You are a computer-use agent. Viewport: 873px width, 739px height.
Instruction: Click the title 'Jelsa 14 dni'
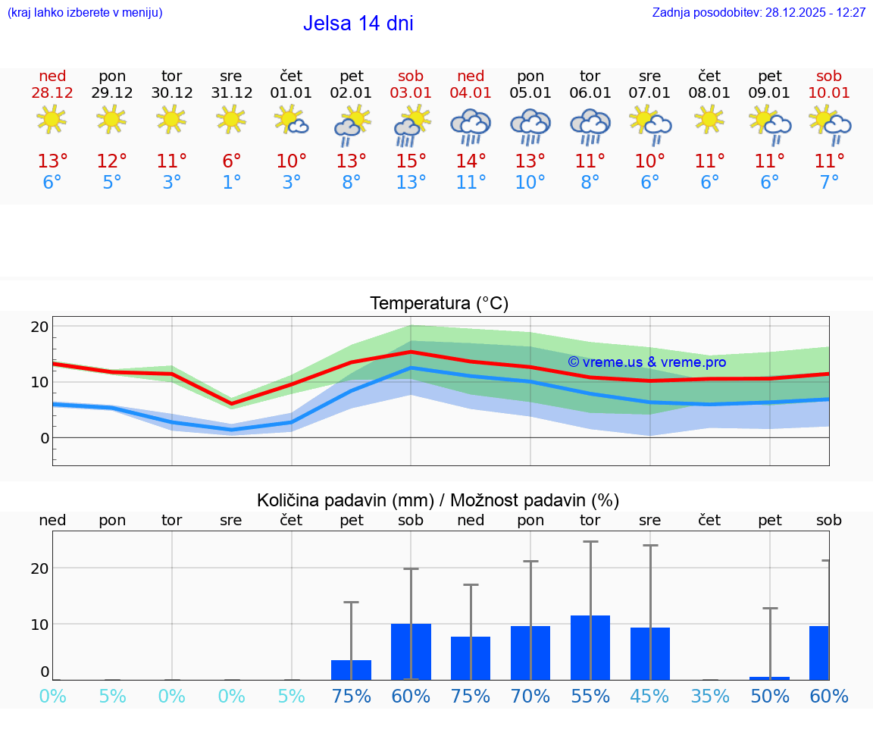point(358,23)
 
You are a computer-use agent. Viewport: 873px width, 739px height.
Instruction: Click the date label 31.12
point(231,93)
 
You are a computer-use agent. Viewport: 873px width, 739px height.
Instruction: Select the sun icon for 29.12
point(111,120)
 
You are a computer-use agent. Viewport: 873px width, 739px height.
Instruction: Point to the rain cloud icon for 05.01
point(530,125)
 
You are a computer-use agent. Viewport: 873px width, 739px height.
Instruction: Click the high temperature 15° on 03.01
point(411,161)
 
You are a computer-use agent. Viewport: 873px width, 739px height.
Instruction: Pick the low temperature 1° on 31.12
point(231,183)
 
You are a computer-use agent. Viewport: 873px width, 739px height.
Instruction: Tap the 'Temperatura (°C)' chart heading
point(439,304)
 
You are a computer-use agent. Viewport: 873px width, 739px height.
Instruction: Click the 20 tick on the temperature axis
point(40,327)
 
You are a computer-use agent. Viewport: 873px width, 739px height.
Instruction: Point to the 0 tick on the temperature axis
point(45,438)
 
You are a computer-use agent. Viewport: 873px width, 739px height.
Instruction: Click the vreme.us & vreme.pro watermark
point(646,362)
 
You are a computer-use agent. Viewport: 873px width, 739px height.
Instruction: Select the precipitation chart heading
point(438,500)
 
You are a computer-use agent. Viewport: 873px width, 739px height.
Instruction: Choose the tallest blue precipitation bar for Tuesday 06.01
point(590,647)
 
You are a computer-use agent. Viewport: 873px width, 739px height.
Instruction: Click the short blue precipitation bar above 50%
point(770,678)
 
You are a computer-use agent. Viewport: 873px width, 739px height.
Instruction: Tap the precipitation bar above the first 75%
point(351,670)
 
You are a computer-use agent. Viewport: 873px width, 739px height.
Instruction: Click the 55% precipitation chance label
point(590,697)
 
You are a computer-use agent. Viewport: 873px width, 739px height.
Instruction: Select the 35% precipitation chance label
point(710,697)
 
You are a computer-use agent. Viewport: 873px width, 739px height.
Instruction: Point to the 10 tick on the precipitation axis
point(40,624)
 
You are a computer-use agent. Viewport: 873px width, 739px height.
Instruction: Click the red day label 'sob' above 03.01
point(411,77)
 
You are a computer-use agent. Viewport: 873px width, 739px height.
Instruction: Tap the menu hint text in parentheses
point(84,13)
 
